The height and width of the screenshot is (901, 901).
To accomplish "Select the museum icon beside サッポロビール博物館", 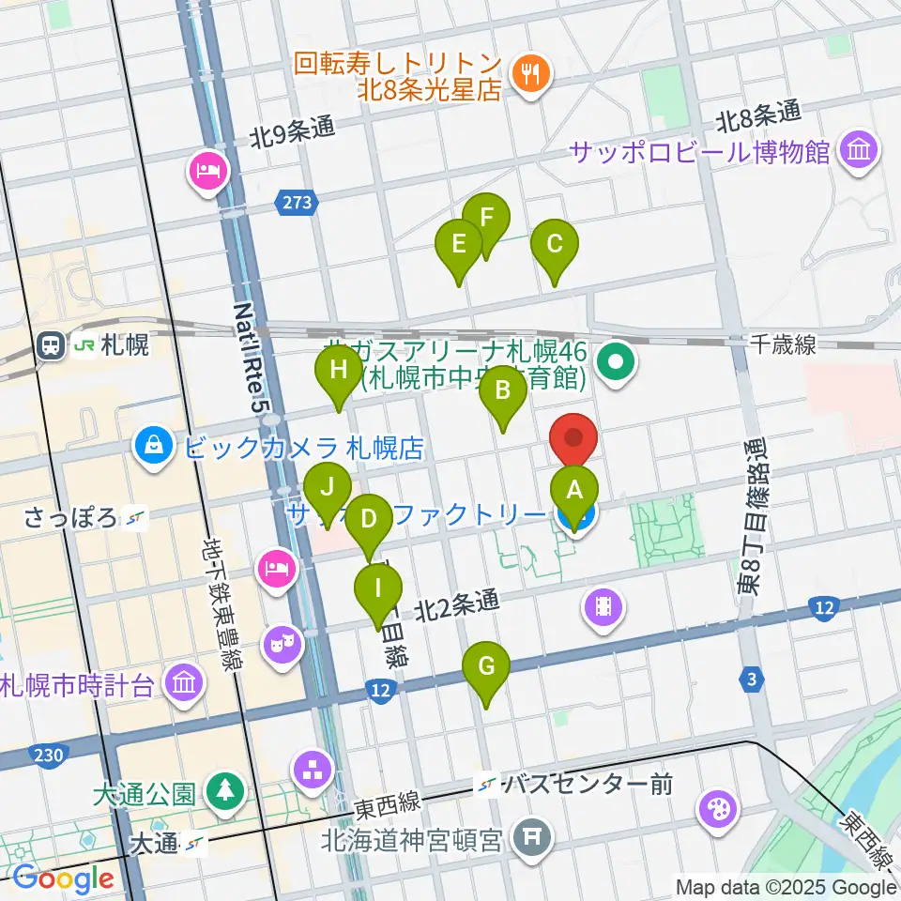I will click(858, 149).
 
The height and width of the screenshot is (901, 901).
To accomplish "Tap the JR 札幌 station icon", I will click(52, 345).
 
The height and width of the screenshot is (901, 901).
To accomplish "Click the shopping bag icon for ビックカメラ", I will click(152, 444).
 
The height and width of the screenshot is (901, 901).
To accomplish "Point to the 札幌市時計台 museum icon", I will click(184, 682).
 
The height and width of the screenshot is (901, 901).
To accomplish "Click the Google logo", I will click(63, 879).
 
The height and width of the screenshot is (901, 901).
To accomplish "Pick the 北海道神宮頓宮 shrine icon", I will click(533, 832).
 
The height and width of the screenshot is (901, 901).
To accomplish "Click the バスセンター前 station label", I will click(587, 784).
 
